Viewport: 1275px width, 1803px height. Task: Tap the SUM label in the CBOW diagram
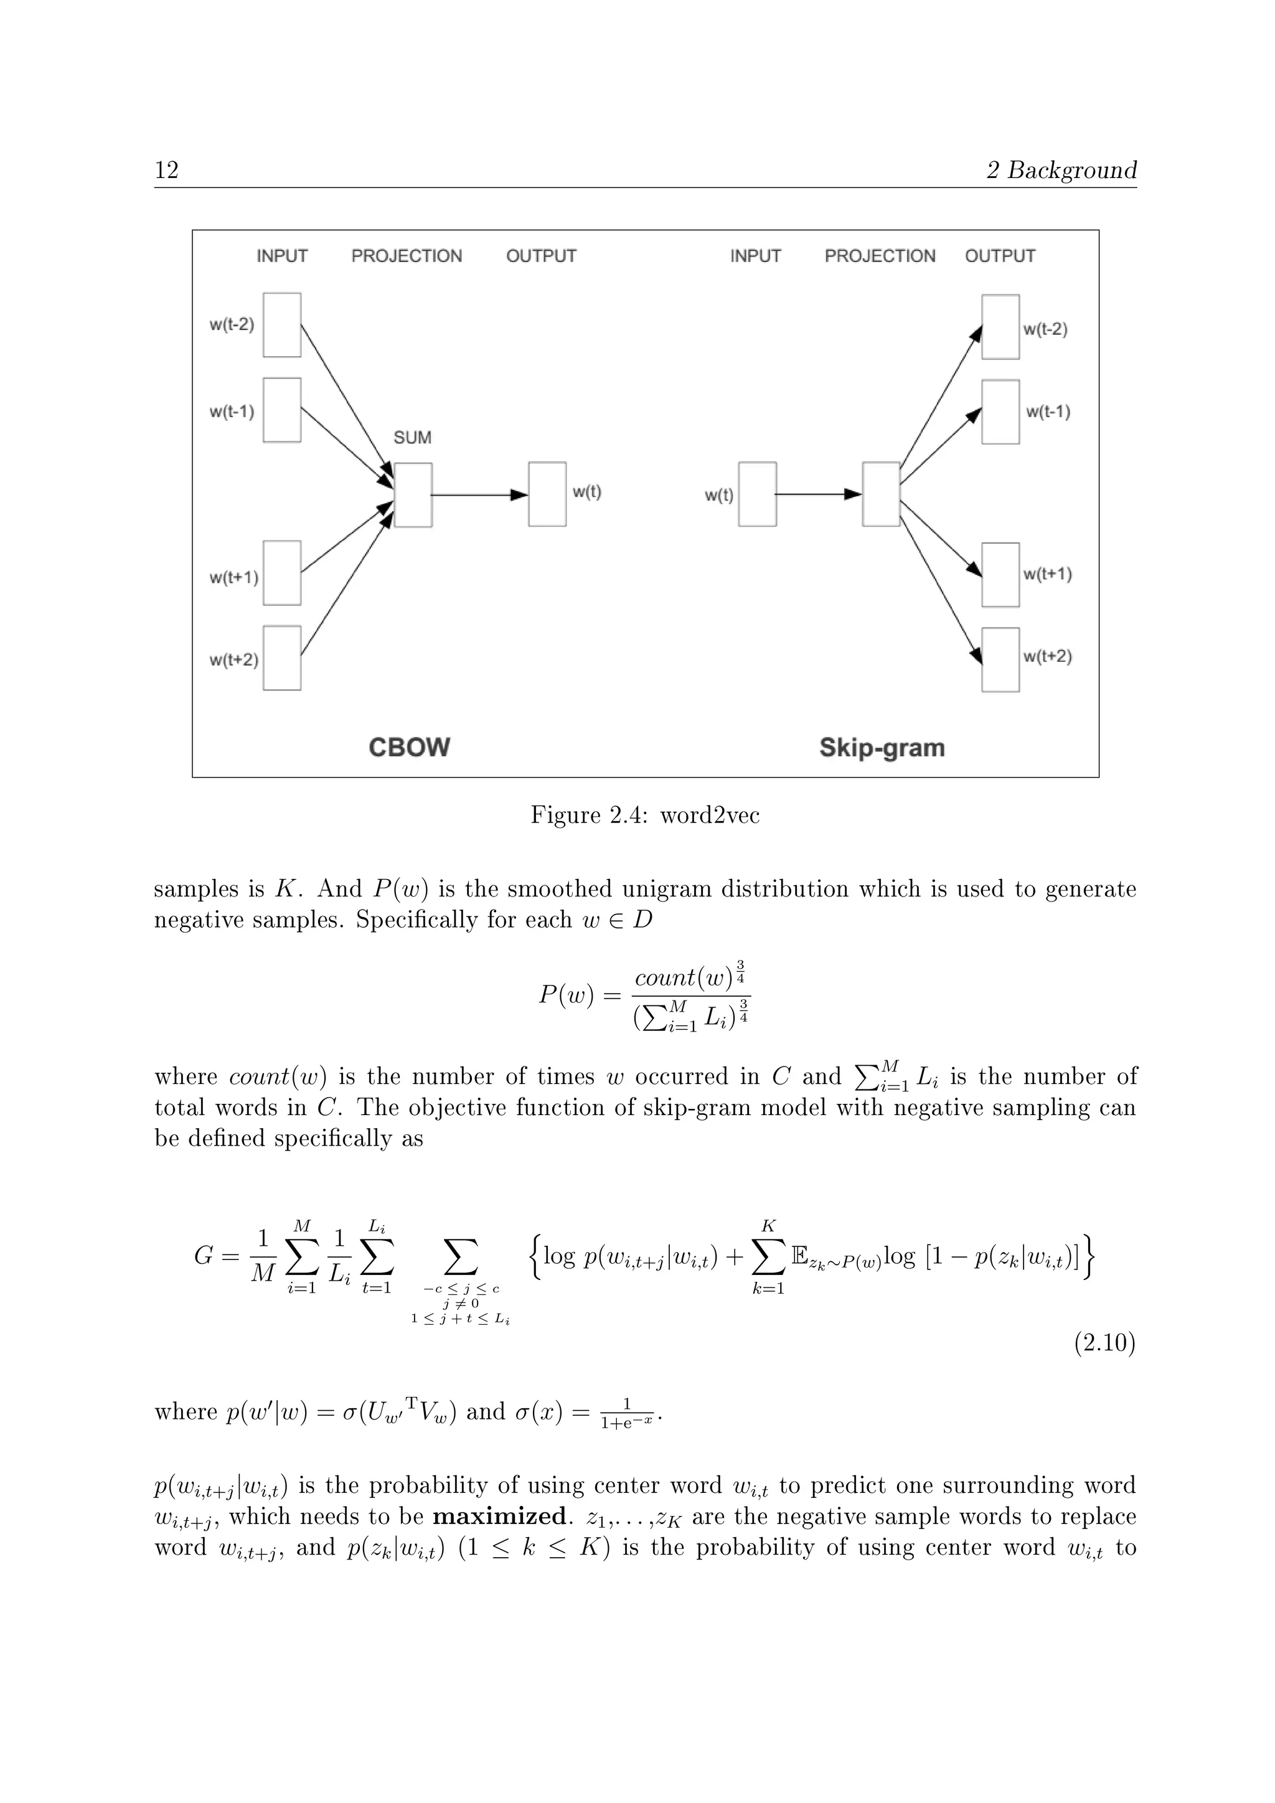[412, 438]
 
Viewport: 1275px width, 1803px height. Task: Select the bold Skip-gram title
[882, 747]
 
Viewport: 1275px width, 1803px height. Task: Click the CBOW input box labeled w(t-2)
[282, 325]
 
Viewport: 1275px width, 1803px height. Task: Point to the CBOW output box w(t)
[547, 494]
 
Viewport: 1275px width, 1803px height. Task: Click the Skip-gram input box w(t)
[758, 494]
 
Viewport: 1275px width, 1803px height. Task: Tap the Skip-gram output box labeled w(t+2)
[1000, 660]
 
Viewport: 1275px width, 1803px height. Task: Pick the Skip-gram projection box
[881, 494]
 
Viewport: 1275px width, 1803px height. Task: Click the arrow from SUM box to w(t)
[479, 495]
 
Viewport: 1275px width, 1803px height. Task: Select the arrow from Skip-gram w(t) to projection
[818, 494]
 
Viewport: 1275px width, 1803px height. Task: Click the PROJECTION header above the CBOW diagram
[407, 256]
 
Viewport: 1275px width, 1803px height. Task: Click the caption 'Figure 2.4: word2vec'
[644, 815]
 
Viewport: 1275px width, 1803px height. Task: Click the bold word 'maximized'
[499, 1515]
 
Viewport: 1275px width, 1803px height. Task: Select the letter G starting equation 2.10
[204, 1256]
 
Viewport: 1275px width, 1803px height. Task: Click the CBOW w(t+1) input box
[282, 573]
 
